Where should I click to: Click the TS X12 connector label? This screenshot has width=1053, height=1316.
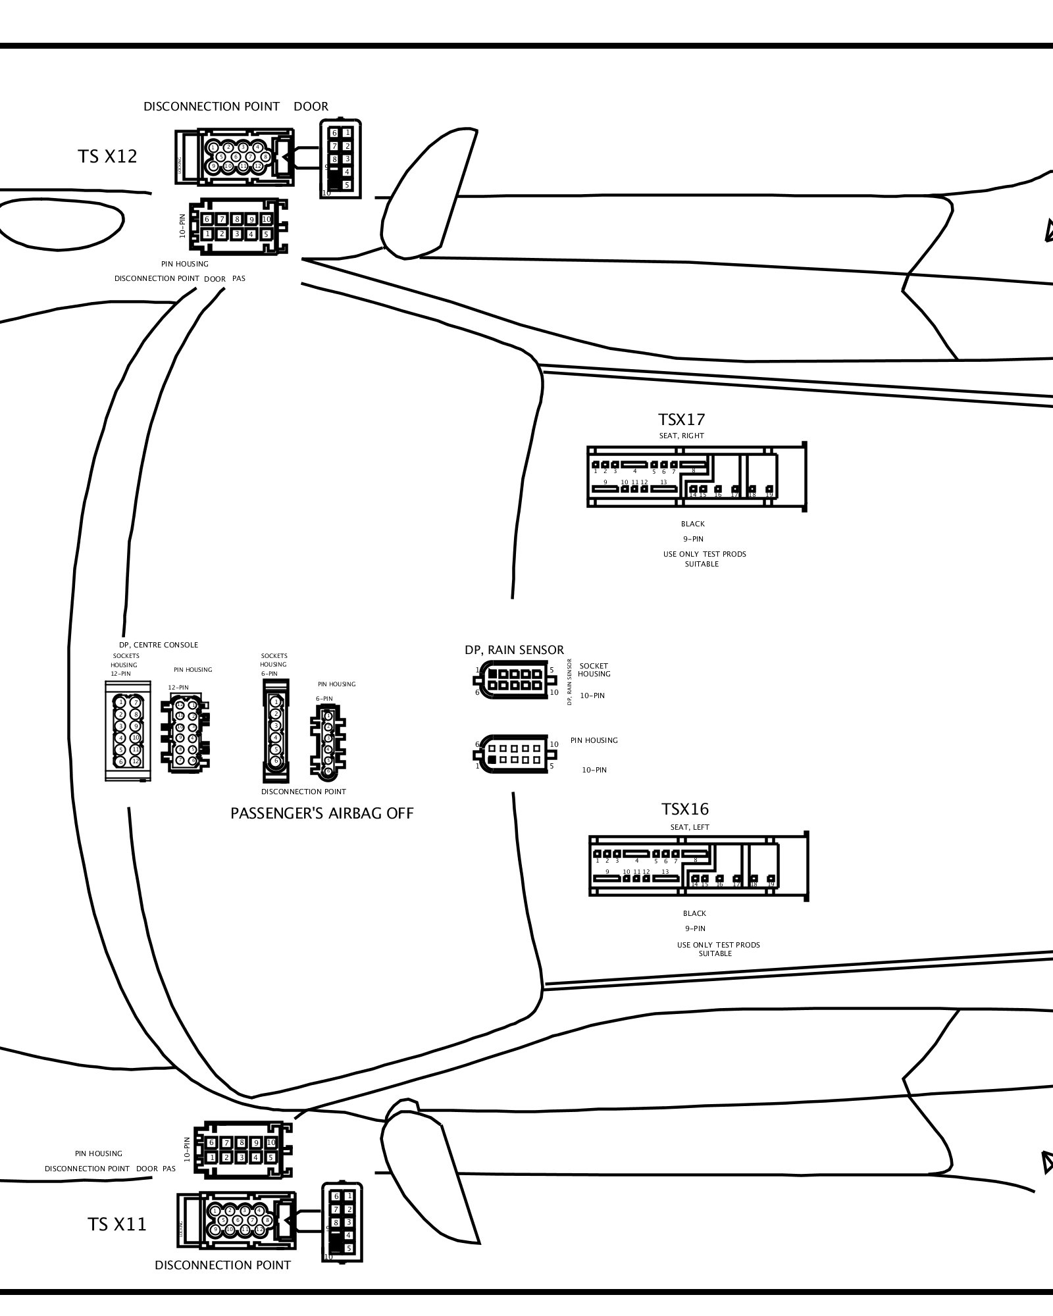pyautogui.click(x=107, y=157)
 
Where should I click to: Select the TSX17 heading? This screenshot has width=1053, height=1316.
pyautogui.click(x=681, y=420)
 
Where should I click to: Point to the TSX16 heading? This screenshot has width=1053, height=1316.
pyautogui.click(x=684, y=809)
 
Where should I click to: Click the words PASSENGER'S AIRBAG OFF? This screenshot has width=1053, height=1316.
pyautogui.click(x=322, y=813)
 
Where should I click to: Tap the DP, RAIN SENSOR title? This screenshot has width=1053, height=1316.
pyautogui.click(x=514, y=650)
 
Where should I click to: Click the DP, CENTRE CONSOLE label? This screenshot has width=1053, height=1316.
pyautogui.click(x=158, y=645)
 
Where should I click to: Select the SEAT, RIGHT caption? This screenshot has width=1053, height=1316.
pyautogui.click(x=681, y=436)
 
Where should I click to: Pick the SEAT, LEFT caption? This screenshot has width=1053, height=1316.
pyautogui.click(x=689, y=827)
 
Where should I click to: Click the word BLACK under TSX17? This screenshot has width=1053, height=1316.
pyautogui.click(x=692, y=524)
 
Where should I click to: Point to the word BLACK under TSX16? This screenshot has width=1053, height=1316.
pyautogui.click(x=694, y=913)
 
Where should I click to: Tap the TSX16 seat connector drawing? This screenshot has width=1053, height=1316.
pyautogui.click(x=698, y=866)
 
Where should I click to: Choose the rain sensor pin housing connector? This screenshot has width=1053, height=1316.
pyautogui.click(x=515, y=754)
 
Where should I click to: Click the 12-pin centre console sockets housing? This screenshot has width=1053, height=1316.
pyautogui.click(x=128, y=731)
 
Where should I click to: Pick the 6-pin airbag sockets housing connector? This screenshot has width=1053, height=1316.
pyautogui.click(x=276, y=731)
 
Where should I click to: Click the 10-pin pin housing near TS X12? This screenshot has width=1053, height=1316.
pyautogui.click(x=238, y=226)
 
